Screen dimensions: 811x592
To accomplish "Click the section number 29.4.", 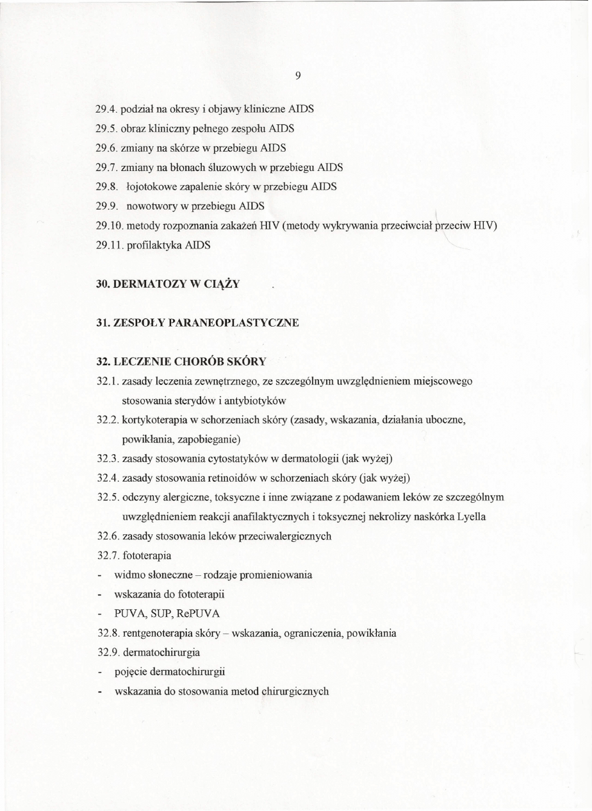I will click(x=106, y=108).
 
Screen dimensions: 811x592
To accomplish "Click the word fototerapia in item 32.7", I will click(x=145, y=555).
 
